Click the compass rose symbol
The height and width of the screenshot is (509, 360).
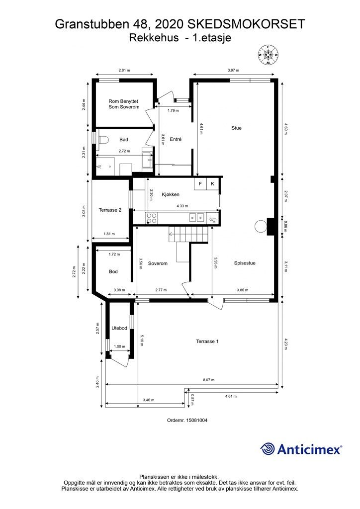coord(268,55)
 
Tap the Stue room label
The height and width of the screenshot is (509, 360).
coord(236,128)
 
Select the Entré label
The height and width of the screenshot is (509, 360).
coord(176,139)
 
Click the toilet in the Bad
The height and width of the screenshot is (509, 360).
coord(102,140)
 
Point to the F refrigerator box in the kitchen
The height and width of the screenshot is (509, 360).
coord(200,184)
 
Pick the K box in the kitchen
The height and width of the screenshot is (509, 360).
coord(213,184)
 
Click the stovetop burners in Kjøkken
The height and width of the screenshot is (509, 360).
coord(152,218)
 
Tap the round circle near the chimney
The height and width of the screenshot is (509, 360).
coord(261,226)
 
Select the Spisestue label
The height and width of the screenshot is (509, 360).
coord(245,263)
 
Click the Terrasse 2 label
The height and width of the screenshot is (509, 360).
coord(110,210)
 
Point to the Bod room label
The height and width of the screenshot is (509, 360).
coord(113,271)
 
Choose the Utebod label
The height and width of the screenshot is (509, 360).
coord(119,328)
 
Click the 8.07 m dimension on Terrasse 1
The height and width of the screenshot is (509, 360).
coord(208,380)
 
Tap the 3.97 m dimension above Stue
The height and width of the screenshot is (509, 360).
coord(233,70)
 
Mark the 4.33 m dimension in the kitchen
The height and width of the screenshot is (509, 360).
coord(182,206)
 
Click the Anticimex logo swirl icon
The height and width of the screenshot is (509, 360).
coord(267,449)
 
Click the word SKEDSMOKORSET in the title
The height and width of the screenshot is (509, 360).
coord(247,24)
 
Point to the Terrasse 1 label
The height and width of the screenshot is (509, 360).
coord(207,341)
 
